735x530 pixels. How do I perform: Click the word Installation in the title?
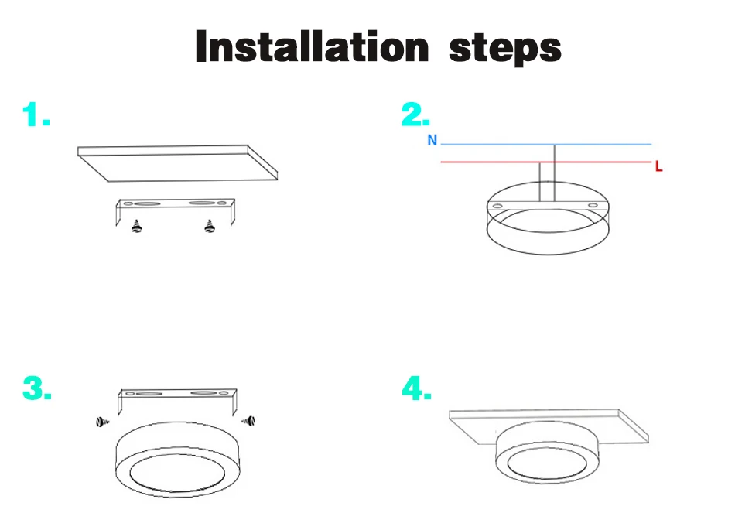tap(312, 46)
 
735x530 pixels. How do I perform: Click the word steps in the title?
tap(505, 49)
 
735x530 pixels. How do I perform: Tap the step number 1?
tap(36, 115)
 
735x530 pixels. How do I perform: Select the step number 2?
tap(415, 115)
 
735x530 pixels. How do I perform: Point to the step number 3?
tap(36, 388)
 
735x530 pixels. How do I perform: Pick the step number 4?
tap(416, 388)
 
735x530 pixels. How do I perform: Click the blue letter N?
tap(432, 140)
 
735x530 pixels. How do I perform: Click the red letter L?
tap(658, 166)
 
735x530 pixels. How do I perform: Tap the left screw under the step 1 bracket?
tap(136, 226)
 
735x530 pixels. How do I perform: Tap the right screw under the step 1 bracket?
tap(210, 226)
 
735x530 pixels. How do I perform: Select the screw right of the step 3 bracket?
tap(249, 421)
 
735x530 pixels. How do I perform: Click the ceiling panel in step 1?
tap(177, 163)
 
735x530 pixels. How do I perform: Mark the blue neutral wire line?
tap(546, 145)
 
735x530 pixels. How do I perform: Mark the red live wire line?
tap(546, 162)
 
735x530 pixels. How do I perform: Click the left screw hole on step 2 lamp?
tap(497, 206)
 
